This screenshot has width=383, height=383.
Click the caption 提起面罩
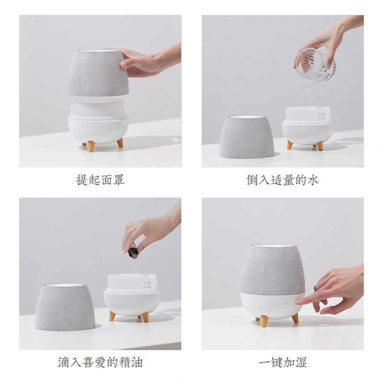100,180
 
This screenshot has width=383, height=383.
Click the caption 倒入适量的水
282,180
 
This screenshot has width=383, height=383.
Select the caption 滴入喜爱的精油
100,362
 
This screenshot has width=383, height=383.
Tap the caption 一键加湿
282,362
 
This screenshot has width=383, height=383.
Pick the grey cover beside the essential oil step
65,306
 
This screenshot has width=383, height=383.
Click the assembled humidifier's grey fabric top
272,270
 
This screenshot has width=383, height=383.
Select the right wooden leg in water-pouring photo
319,146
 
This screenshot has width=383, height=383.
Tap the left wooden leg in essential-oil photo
112,316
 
